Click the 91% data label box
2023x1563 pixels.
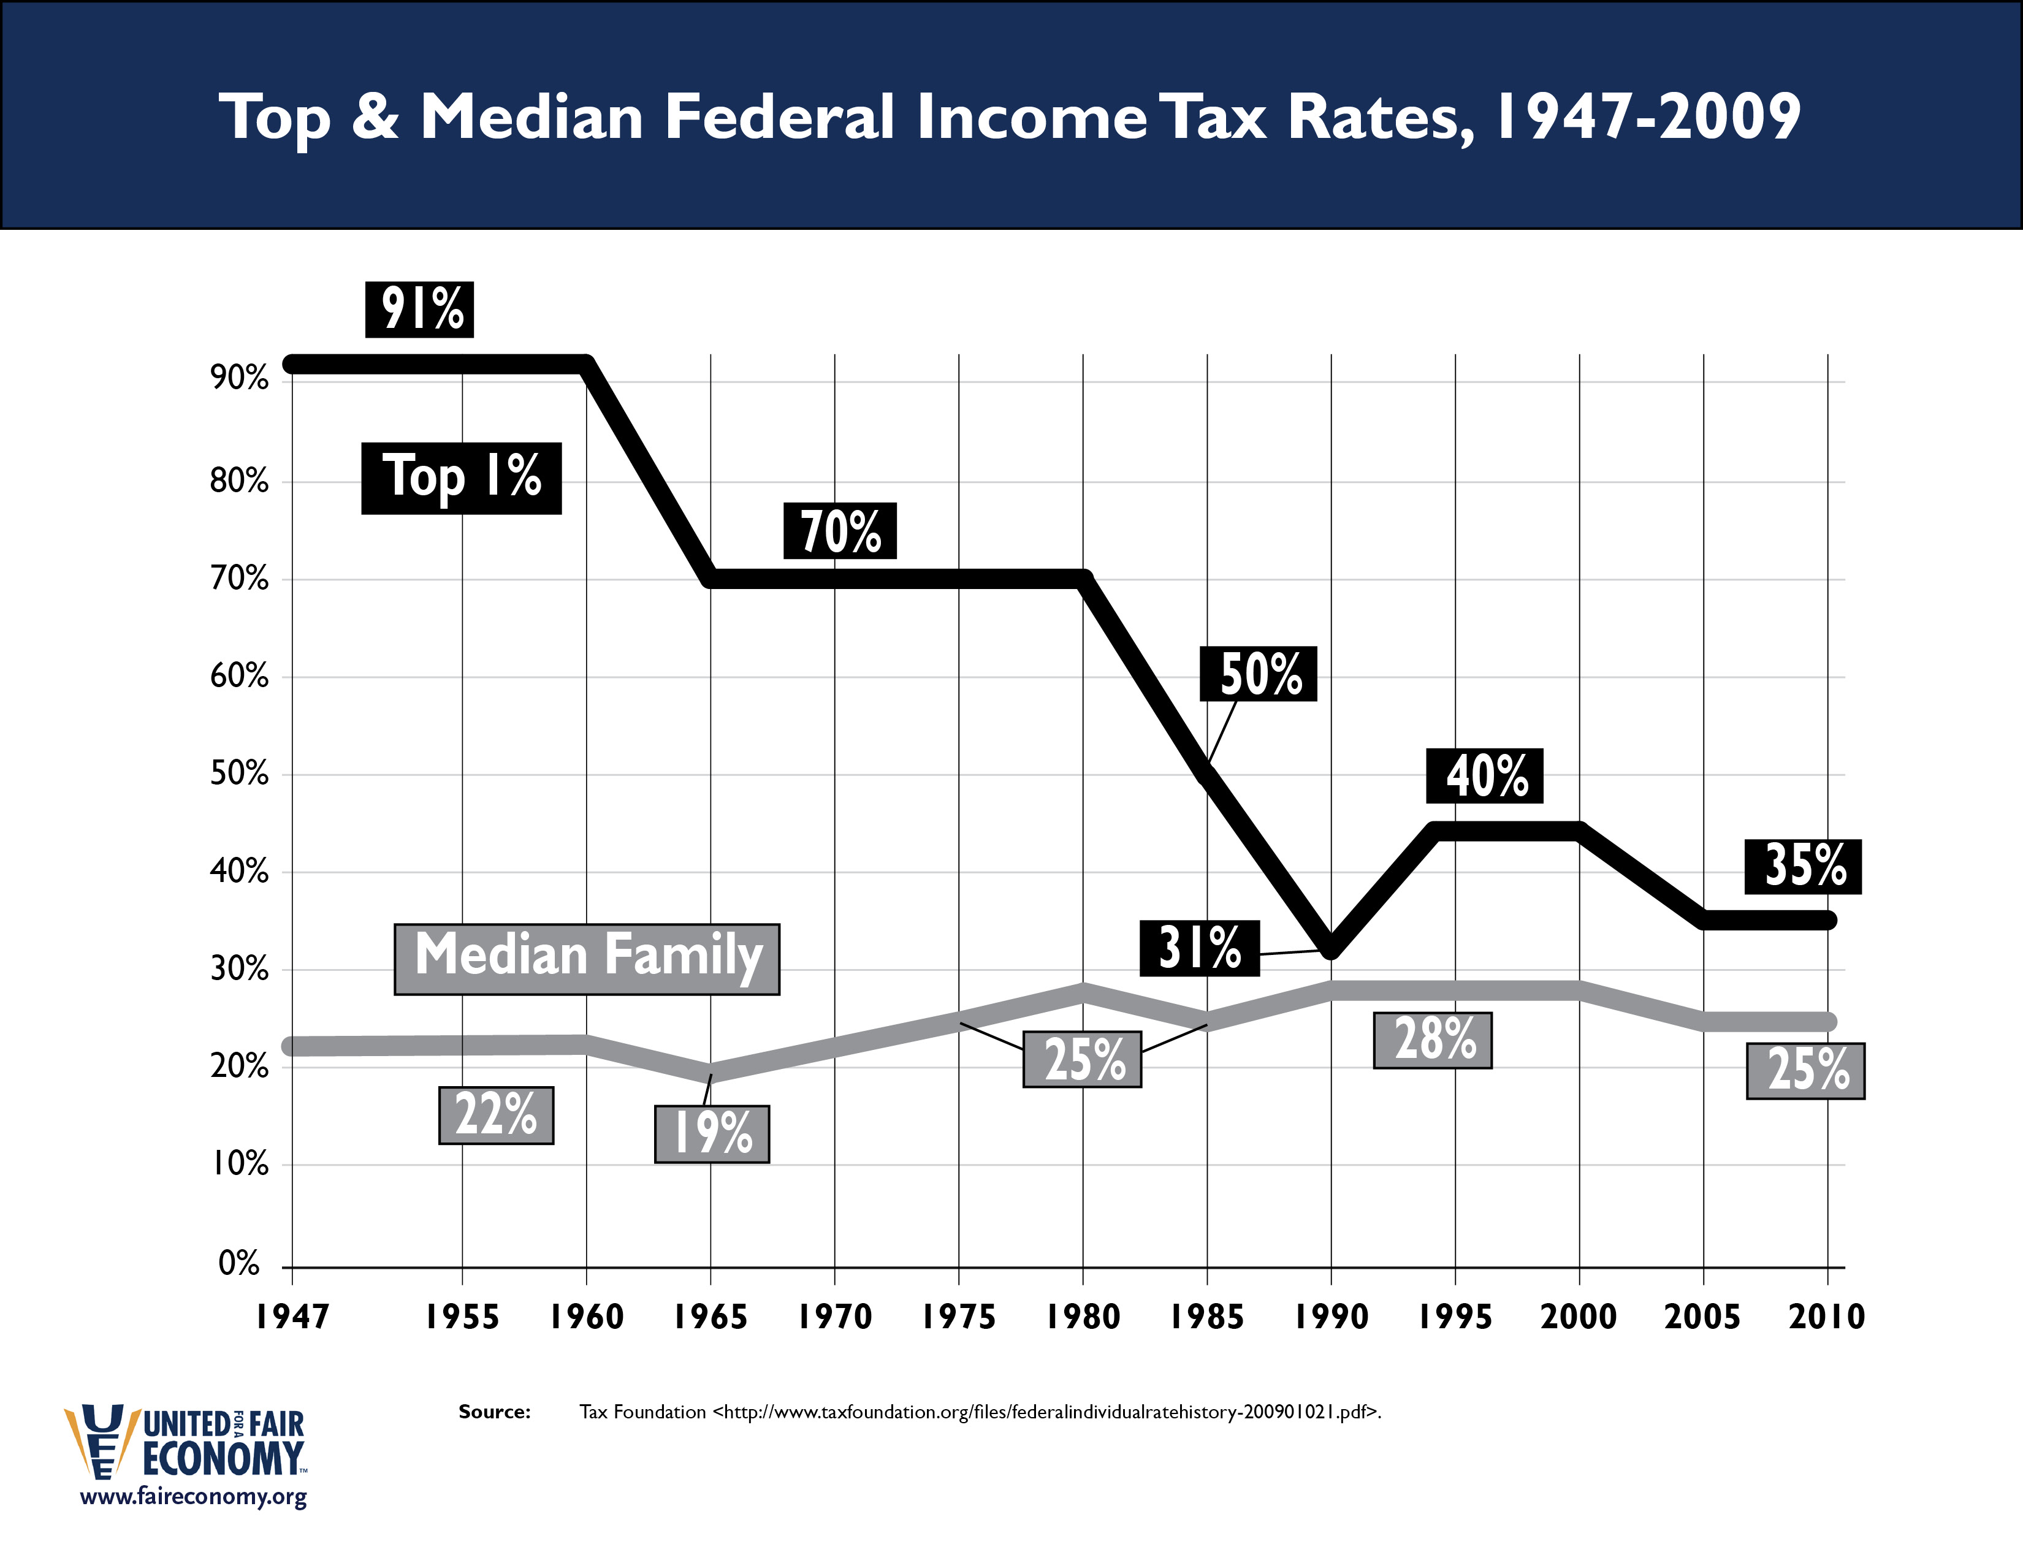click(x=419, y=310)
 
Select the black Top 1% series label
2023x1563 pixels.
click(x=461, y=478)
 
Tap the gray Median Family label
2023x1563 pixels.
click(x=587, y=959)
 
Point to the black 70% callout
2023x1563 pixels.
click(x=840, y=531)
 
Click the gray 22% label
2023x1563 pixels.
click(x=495, y=1115)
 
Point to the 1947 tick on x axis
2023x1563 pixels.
click(x=292, y=1317)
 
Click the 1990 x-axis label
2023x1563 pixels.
click(x=1331, y=1317)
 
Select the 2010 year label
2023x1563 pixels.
click(x=1827, y=1317)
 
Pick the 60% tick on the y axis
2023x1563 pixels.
click(x=239, y=676)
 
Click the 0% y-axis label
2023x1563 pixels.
click(x=239, y=1263)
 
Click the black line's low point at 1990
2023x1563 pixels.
click(x=1331, y=950)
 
